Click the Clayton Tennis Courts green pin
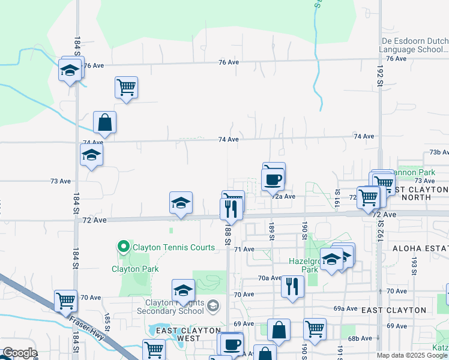point(124,247)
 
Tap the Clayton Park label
point(135,269)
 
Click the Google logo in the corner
point(19,353)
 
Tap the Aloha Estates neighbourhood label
point(420,248)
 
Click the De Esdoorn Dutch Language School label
point(415,46)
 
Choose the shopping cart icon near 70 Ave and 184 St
point(65,301)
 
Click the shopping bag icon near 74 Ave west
point(105,122)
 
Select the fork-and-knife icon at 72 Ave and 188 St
point(231,209)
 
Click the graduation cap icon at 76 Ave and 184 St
point(70,71)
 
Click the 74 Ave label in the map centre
point(229,139)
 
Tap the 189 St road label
point(271,230)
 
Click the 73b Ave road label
point(439,152)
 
